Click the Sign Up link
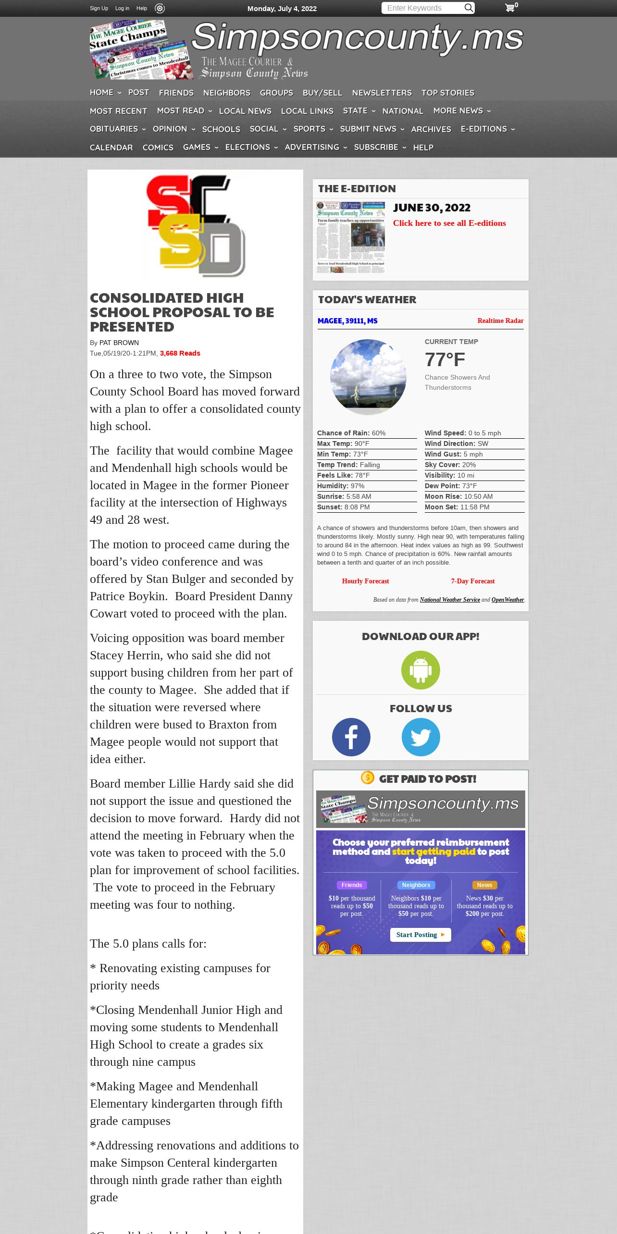(99, 8)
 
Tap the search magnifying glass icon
(469, 8)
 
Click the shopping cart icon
(510, 8)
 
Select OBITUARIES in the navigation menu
(114, 129)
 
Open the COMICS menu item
(158, 148)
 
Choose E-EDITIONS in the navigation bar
(483, 129)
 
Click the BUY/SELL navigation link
(322, 93)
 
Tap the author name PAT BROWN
(119, 343)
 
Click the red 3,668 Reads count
(180, 353)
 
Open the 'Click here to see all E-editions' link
(449, 223)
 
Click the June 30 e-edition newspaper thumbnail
(350, 237)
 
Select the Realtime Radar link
(500, 321)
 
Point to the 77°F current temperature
(444, 359)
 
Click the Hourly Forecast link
(365, 581)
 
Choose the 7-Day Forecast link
(472, 581)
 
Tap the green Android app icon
(420, 670)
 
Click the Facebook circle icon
(351, 737)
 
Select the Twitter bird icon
(420, 737)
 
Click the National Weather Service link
(449, 600)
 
